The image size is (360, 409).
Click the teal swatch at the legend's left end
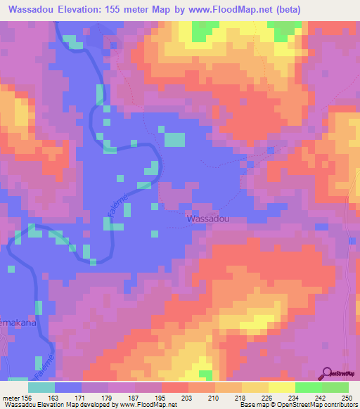click(41, 387)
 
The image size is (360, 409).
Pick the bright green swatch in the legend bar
click(308, 387)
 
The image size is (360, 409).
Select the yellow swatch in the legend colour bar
click(281, 387)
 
